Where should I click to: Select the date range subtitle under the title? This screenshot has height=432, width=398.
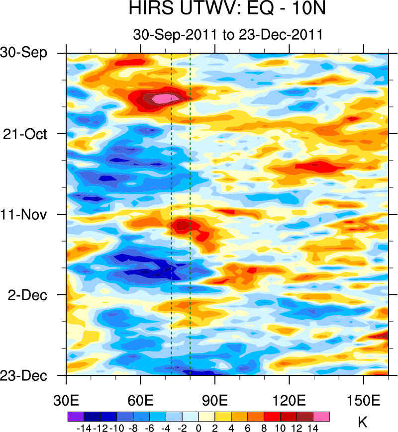[x=228, y=35]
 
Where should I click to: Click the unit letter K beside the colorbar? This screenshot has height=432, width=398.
[x=363, y=422]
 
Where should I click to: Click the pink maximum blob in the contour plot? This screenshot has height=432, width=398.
[x=161, y=99]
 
